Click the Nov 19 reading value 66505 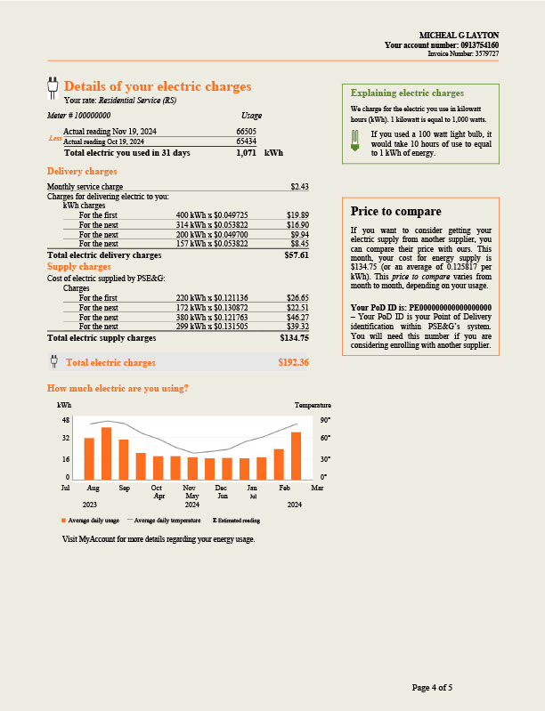click(x=246, y=131)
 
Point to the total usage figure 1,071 click(x=246, y=153)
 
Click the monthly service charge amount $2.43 click(x=299, y=186)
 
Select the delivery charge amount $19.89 click(x=297, y=215)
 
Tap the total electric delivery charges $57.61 click(x=296, y=255)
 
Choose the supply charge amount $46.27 click(x=297, y=318)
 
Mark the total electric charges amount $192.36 click(x=293, y=362)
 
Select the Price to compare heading click(x=395, y=212)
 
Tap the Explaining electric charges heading click(x=407, y=93)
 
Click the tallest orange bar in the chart click(x=106, y=454)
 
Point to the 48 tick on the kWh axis click(x=66, y=419)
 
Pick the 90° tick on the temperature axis click(x=325, y=419)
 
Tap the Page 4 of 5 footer click(x=432, y=687)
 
